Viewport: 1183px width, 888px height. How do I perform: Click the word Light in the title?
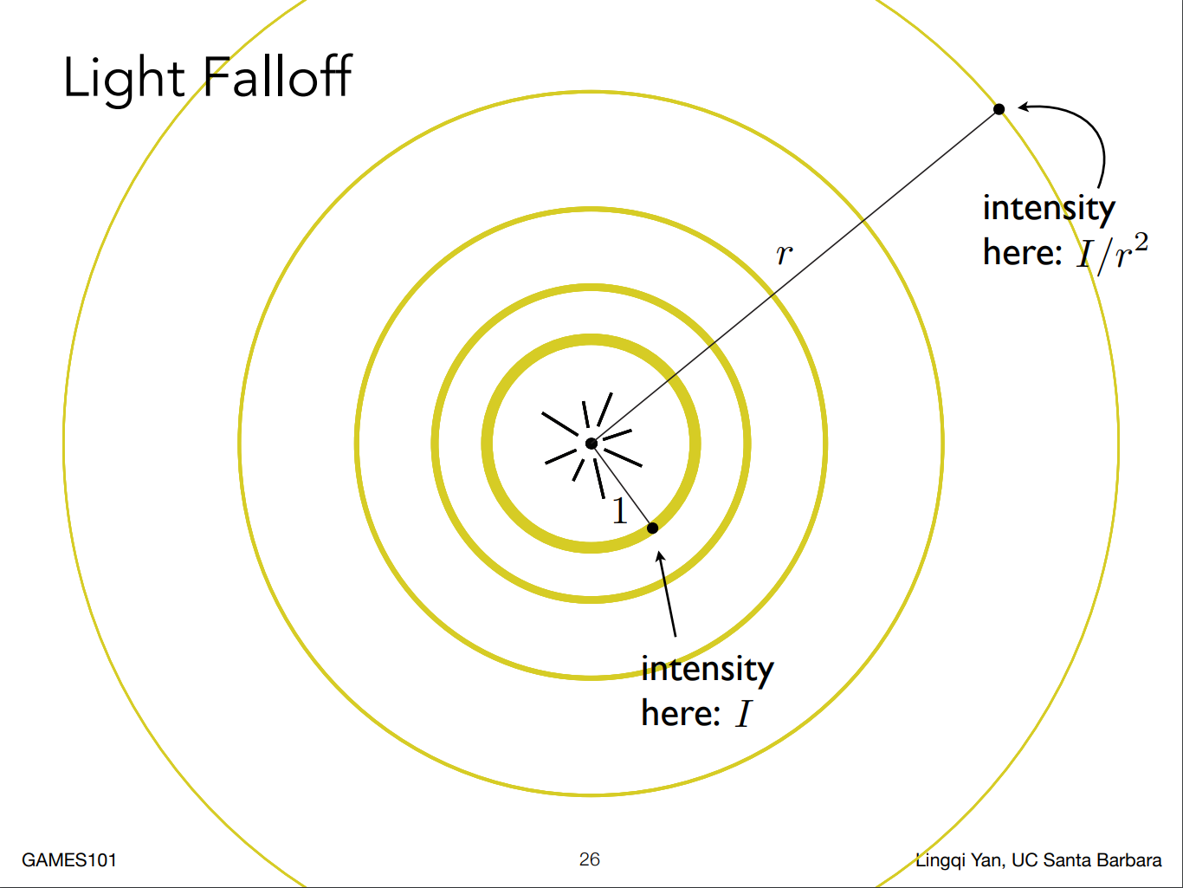pos(124,78)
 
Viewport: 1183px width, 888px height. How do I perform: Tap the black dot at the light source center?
pos(591,444)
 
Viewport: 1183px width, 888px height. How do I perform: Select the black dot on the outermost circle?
pos(999,109)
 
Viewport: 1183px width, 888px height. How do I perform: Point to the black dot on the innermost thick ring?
pos(653,528)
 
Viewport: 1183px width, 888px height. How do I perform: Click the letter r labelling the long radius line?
pos(784,255)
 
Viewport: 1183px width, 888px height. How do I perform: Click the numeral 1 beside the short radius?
pos(619,512)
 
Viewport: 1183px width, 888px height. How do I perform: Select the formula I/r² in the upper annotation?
pos(1112,252)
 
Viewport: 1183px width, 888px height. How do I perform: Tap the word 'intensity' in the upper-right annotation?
pos(1049,209)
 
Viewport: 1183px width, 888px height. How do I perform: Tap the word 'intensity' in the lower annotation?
pos(707,669)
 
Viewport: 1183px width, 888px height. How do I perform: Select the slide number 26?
pos(590,859)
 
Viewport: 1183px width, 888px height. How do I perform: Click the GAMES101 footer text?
pos(69,860)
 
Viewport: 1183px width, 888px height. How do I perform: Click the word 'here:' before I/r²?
pos(1022,253)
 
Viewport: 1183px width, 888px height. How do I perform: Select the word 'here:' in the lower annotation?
pos(681,714)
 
